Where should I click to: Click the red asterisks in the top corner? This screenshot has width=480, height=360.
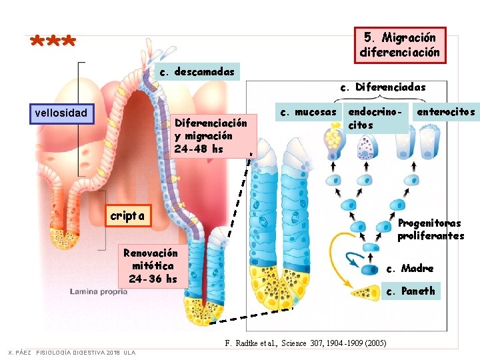coord(53,41)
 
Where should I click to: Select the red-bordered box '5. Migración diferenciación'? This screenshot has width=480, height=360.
coord(399,44)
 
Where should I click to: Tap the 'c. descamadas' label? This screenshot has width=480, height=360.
coord(197,71)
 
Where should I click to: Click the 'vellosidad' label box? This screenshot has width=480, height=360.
coord(61,113)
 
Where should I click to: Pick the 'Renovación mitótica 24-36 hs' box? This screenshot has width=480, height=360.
coord(151,265)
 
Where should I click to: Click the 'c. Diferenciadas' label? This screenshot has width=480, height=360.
coord(383,87)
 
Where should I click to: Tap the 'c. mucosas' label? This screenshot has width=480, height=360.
coord(308,111)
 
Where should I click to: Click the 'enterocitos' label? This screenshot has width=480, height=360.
coord(446,111)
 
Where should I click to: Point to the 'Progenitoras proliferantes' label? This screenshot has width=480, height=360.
coord(430,229)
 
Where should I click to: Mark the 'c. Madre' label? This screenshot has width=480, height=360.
coord(411,268)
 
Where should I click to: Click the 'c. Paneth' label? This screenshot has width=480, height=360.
coord(411,291)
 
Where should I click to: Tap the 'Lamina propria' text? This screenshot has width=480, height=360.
coord(99,291)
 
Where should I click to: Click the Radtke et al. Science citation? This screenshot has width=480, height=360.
coord(306,343)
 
